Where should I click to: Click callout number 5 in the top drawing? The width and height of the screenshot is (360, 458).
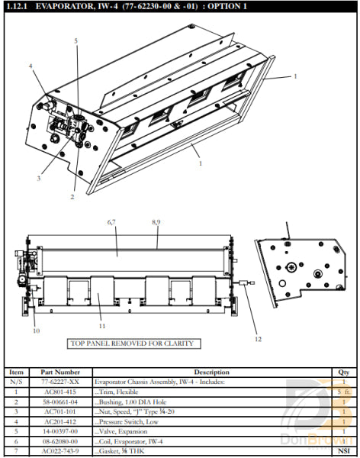click(x=76, y=40)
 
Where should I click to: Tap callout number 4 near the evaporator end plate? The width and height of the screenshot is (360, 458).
click(x=31, y=66)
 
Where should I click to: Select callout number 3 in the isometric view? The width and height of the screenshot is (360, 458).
click(x=37, y=178)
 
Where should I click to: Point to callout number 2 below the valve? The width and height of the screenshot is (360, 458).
click(x=72, y=197)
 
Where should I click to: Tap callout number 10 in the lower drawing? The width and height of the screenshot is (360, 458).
click(x=35, y=331)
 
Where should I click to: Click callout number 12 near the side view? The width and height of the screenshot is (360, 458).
click(x=257, y=338)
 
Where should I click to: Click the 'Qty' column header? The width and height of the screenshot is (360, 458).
click(x=343, y=372)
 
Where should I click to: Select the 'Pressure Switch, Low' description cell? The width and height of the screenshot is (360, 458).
click(x=128, y=421)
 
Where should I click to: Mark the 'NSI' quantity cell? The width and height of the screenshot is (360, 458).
click(x=343, y=451)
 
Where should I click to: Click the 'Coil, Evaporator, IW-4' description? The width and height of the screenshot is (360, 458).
click(x=131, y=440)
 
